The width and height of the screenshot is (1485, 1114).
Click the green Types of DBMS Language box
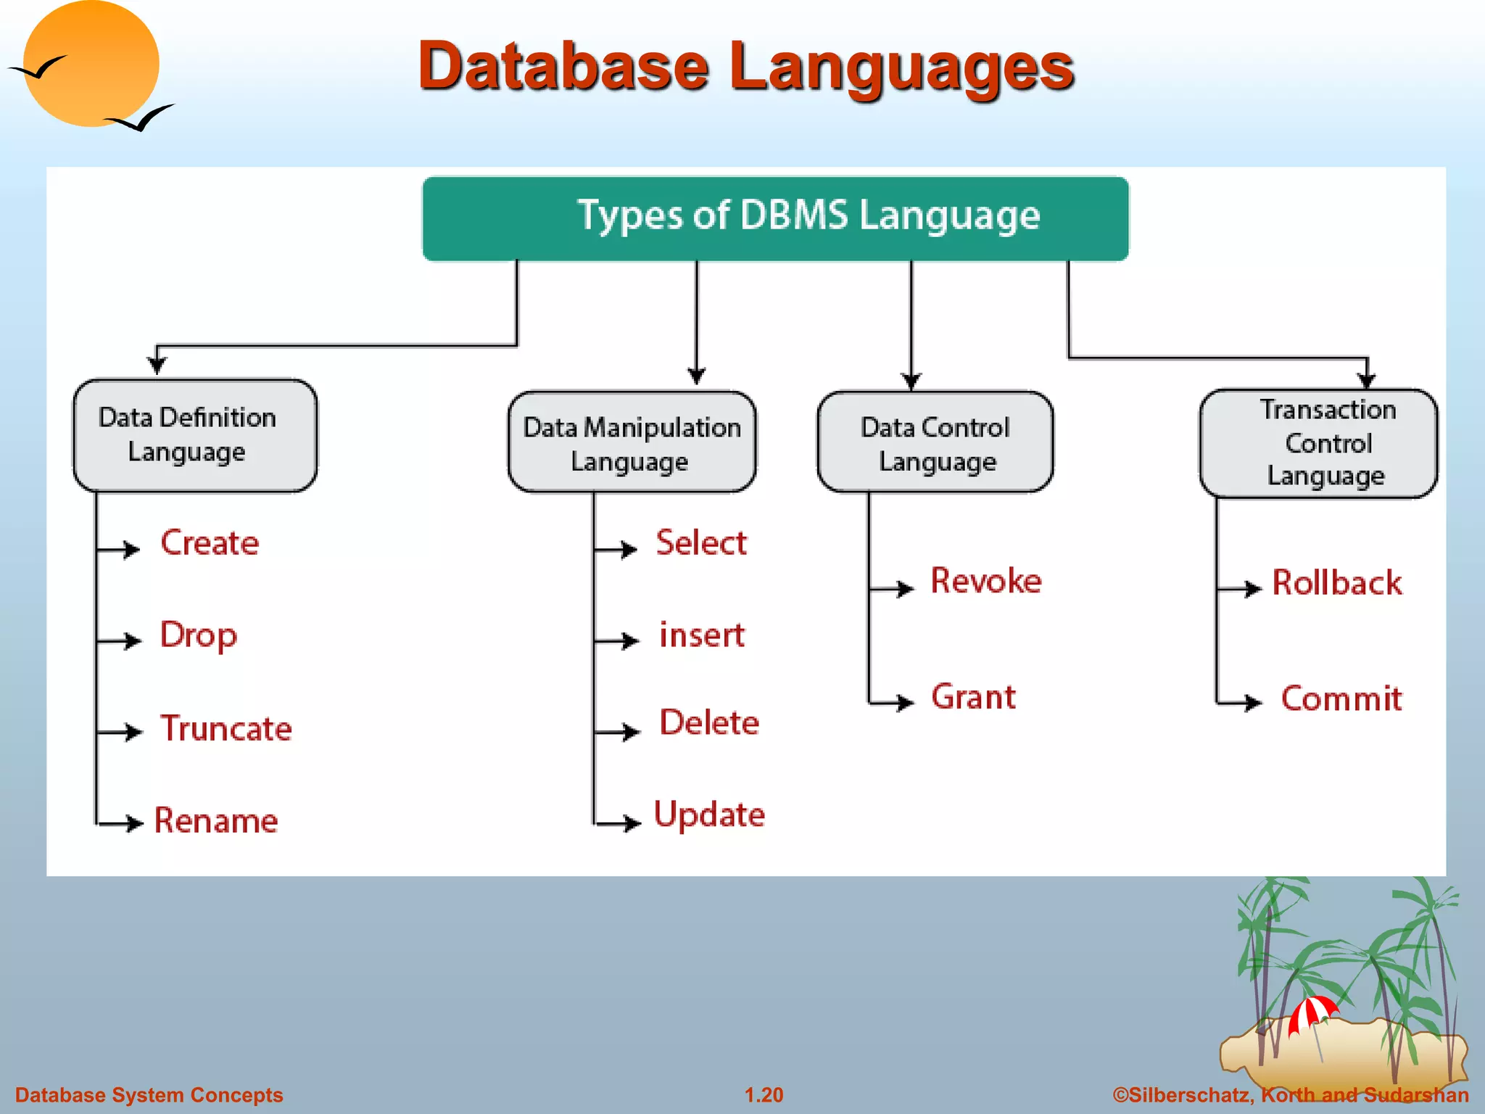[775, 218]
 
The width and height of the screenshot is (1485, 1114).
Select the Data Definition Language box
[194, 435]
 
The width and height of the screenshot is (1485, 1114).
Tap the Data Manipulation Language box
[632, 442]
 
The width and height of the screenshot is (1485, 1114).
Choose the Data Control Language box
[935, 442]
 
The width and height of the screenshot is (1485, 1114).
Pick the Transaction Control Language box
[1318, 443]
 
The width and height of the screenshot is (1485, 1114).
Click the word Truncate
[226, 728]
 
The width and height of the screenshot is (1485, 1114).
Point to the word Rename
[216, 820]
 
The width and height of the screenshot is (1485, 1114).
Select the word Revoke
[985, 581]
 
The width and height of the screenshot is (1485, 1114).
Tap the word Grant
[973, 697]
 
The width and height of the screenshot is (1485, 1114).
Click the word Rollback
[1336, 583]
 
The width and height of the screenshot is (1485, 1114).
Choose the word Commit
[1341, 699]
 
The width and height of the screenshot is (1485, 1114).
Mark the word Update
[709, 814]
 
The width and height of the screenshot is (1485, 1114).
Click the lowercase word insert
[701, 635]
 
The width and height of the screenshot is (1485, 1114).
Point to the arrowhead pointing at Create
[131, 549]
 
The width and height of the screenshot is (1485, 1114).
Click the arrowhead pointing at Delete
[632, 732]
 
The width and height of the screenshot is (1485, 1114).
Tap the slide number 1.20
[764, 1094]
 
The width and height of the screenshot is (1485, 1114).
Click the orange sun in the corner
[91, 64]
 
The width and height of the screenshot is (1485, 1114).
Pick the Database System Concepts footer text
[149, 1094]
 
